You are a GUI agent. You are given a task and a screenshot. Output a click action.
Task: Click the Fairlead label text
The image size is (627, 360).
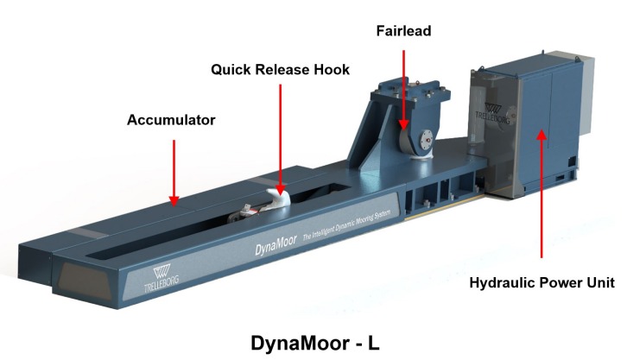coord(402,30)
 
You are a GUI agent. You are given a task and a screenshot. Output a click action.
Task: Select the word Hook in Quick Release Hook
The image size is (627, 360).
coord(330,70)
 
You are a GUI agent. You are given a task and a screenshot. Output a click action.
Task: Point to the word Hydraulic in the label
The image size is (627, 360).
coord(500,283)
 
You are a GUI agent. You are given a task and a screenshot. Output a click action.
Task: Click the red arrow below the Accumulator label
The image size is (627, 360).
coord(174,173)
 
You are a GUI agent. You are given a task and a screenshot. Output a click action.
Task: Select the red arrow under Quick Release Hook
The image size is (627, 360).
coord(281,138)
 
